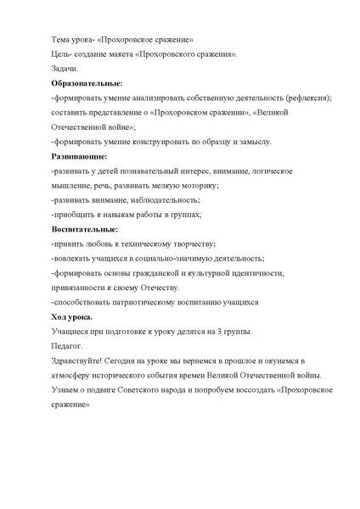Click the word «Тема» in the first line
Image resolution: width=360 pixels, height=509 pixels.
(x=61, y=39)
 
